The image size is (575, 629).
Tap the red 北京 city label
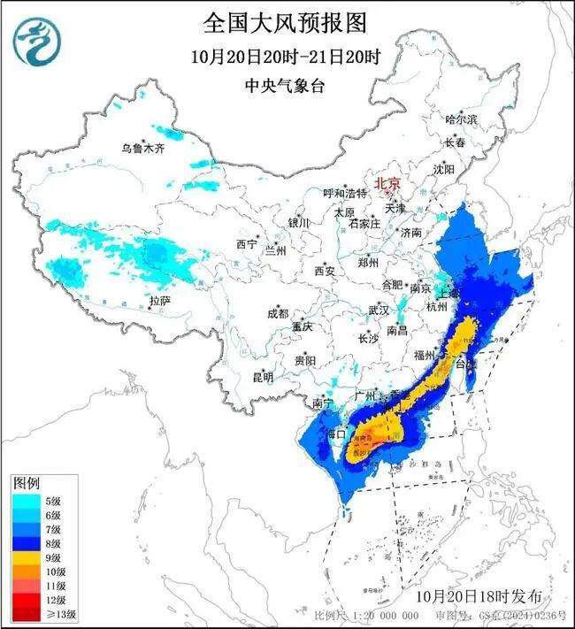(x=387, y=184)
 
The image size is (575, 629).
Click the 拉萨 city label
(x=160, y=302)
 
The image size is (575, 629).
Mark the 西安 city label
(x=325, y=271)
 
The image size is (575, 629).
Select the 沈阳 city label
(x=444, y=168)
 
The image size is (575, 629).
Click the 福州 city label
(x=425, y=355)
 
